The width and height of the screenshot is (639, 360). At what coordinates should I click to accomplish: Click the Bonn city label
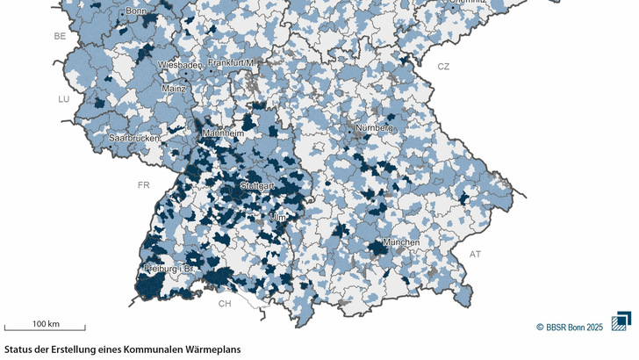point(136,11)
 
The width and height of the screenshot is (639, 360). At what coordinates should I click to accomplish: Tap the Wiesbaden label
point(179,65)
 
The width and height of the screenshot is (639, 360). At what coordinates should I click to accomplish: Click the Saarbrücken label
point(134,139)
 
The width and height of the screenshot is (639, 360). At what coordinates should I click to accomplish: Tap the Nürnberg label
point(375,128)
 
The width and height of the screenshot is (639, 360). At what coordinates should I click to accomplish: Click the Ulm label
point(278,217)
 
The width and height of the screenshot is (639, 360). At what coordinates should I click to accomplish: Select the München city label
point(400,242)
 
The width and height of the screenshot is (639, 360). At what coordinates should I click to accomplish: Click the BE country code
point(60,36)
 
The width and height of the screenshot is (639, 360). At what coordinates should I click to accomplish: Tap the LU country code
point(63,99)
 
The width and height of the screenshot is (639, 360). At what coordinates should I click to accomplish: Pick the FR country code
point(144,185)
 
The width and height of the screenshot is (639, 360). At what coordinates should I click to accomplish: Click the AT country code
point(475,255)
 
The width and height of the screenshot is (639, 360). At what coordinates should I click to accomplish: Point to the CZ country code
point(443,67)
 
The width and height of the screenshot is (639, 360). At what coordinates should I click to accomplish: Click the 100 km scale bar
point(45,329)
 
